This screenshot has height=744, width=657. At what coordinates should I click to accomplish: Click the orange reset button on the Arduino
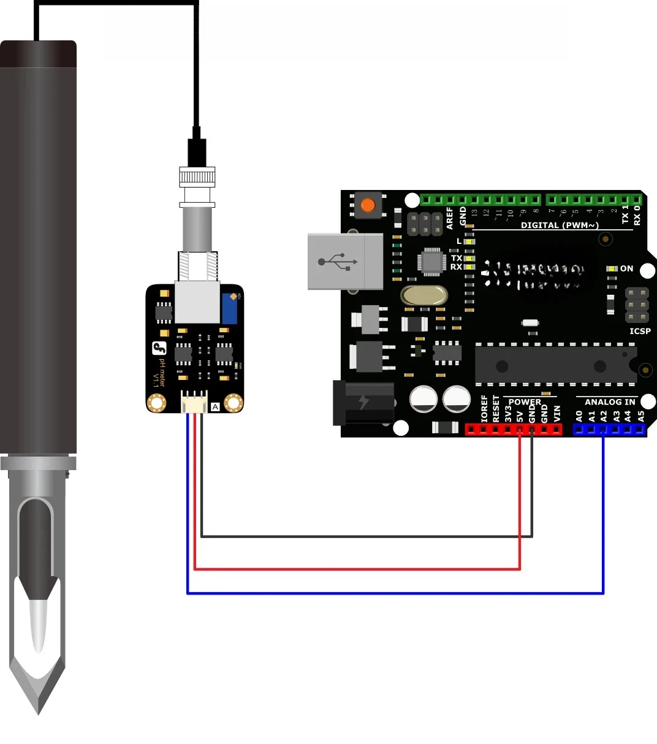click(x=368, y=205)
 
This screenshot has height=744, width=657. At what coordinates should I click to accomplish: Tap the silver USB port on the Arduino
click(x=344, y=261)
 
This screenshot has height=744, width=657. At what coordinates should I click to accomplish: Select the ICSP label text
click(x=640, y=331)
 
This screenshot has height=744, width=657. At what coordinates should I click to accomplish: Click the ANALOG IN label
click(x=610, y=402)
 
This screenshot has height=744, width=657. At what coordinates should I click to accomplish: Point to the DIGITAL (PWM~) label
click(x=560, y=225)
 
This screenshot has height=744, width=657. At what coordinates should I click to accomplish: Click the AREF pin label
click(x=450, y=218)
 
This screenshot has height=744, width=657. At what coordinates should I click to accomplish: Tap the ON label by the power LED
click(x=626, y=268)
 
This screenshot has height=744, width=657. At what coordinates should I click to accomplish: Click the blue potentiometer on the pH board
click(x=230, y=308)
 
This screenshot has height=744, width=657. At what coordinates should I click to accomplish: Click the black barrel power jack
click(x=363, y=403)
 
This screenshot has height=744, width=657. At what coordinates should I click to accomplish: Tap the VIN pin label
click(x=557, y=414)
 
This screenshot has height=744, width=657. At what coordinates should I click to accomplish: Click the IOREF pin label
click(x=484, y=409)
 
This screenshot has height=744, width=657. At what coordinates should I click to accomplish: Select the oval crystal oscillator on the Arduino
click(x=424, y=296)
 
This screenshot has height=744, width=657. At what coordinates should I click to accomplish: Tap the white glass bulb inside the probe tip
click(x=38, y=625)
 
